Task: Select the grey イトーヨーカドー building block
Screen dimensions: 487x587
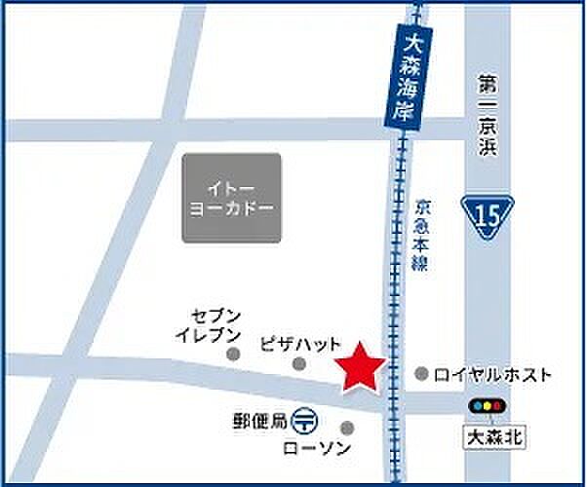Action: click(231, 198)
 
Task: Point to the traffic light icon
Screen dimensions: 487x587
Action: click(485, 405)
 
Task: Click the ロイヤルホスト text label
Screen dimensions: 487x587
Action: click(492, 374)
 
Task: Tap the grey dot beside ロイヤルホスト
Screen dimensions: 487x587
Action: click(421, 373)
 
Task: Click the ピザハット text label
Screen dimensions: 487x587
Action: click(301, 344)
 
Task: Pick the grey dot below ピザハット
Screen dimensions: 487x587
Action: click(299, 364)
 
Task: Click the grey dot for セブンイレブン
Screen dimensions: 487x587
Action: click(233, 355)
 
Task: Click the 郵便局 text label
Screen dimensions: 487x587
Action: click(260, 421)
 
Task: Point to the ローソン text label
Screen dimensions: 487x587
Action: click(309, 448)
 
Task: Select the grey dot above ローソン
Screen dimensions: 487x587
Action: click(347, 427)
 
